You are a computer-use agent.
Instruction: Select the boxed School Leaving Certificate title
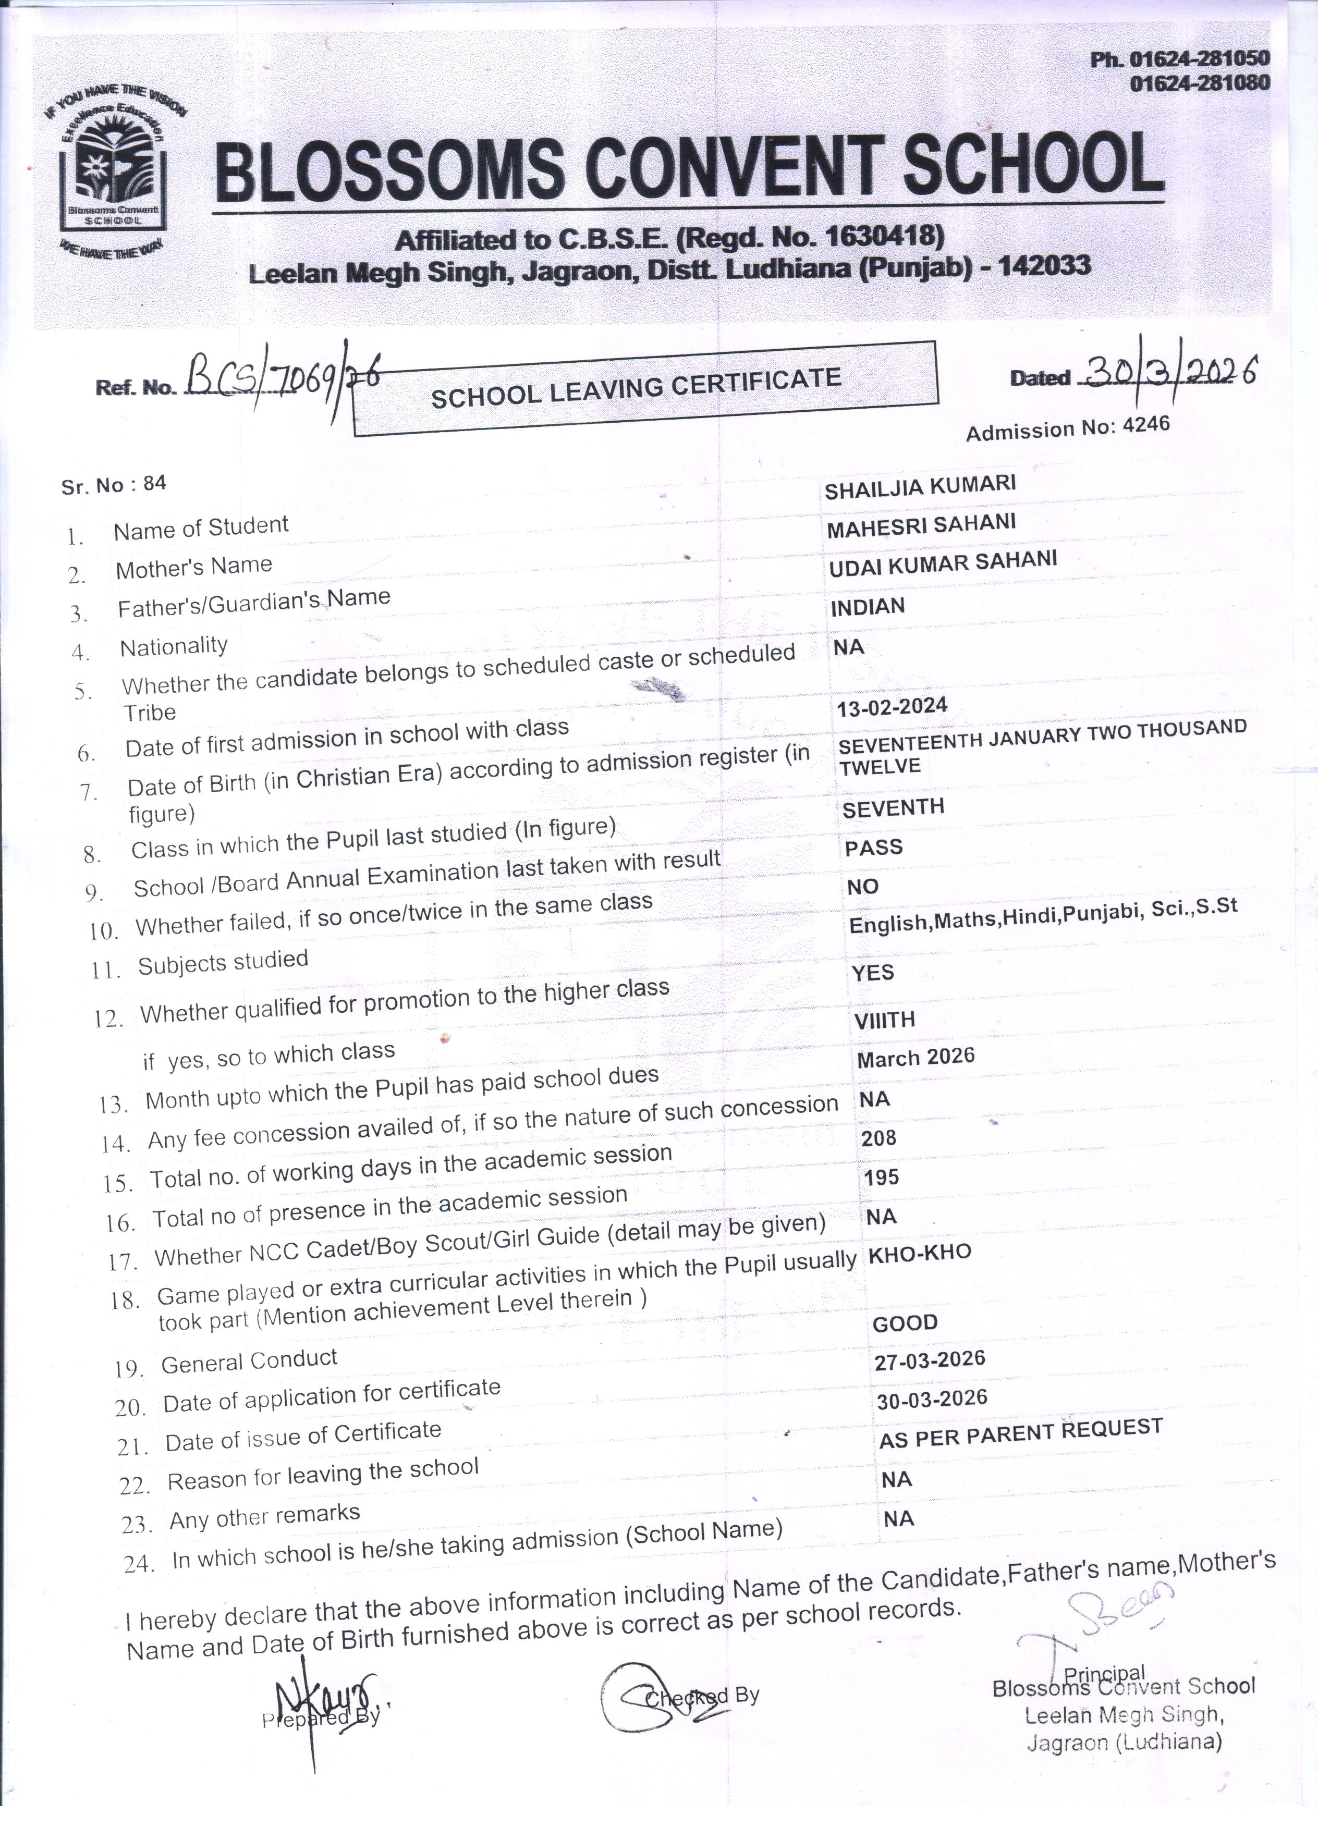click(x=645, y=388)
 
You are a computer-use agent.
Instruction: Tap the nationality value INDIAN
click(x=868, y=606)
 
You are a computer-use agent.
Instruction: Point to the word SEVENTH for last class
click(x=893, y=807)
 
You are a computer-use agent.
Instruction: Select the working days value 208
click(x=878, y=1138)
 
